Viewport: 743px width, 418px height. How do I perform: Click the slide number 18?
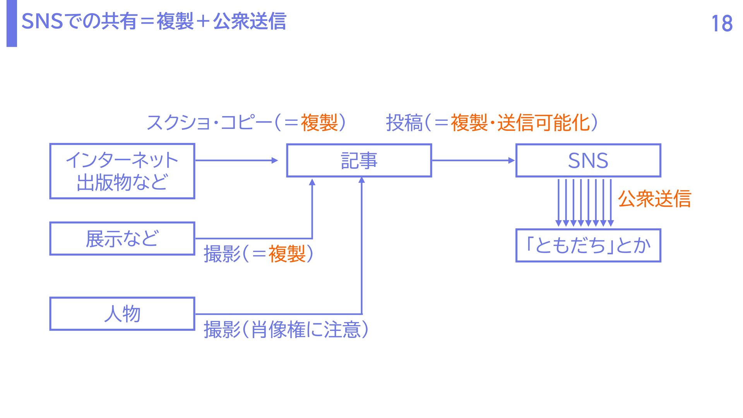click(x=722, y=24)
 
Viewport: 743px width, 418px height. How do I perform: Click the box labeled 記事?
click(x=359, y=161)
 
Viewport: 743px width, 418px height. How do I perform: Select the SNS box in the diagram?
click(x=588, y=161)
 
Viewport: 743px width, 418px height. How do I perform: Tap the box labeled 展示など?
click(x=122, y=238)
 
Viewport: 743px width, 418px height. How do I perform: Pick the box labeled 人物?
click(x=122, y=313)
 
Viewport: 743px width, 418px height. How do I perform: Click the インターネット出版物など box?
click(x=122, y=171)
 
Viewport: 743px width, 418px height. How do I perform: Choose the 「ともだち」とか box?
click(x=588, y=245)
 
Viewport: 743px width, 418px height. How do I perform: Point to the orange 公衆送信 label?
click(x=654, y=199)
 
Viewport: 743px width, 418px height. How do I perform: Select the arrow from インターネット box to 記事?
click(x=236, y=160)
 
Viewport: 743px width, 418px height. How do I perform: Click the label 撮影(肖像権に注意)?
click(x=286, y=330)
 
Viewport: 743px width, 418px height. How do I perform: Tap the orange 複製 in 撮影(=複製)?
click(x=287, y=254)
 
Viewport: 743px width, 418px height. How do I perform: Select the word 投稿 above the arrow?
click(x=404, y=123)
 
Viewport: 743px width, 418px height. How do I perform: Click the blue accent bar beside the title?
click(x=12, y=23)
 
